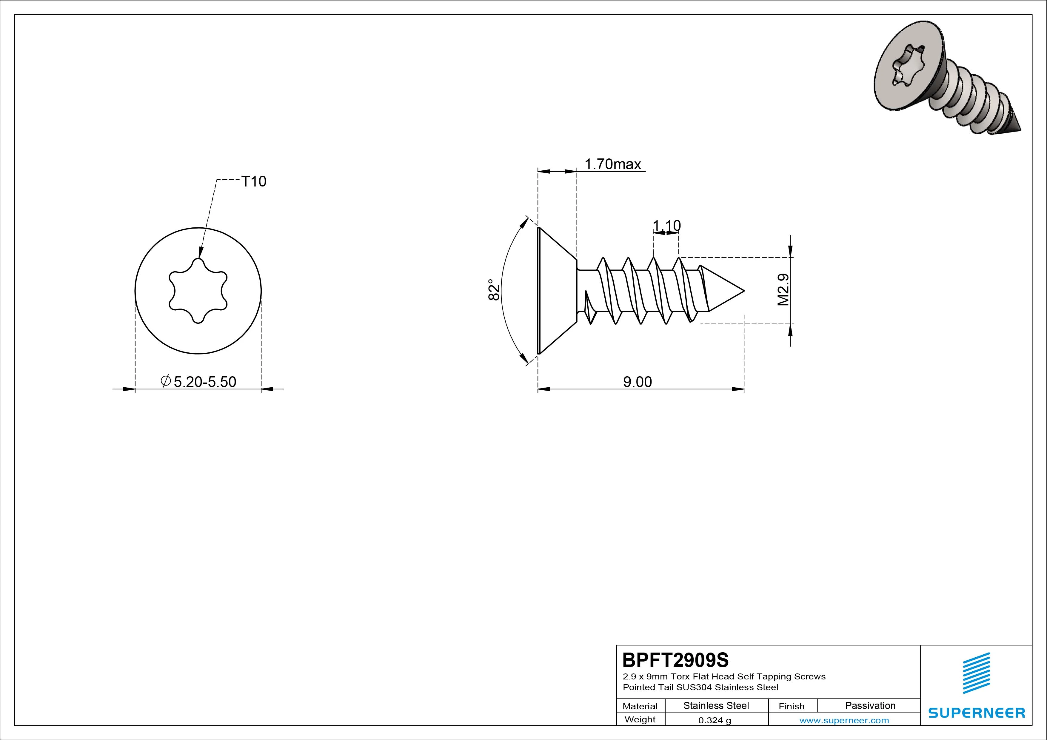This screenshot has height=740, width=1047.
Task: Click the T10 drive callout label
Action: tap(253, 181)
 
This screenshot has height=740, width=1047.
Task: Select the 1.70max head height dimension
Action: tap(613, 164)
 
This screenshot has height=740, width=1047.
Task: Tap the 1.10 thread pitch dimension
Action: tap(667, 225)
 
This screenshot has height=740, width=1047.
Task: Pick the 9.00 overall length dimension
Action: tap(638, 382)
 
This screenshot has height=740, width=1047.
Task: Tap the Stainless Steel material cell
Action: tap(716, 705)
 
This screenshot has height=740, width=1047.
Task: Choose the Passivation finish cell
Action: tap(870, 705)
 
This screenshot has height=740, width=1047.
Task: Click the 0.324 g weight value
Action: tap(715, 720)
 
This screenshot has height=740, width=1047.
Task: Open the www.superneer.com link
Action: tap(844, 720)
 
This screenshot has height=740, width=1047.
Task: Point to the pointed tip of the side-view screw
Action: tap(744, 290)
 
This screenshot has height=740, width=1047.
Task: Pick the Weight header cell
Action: tap(640, 719)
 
